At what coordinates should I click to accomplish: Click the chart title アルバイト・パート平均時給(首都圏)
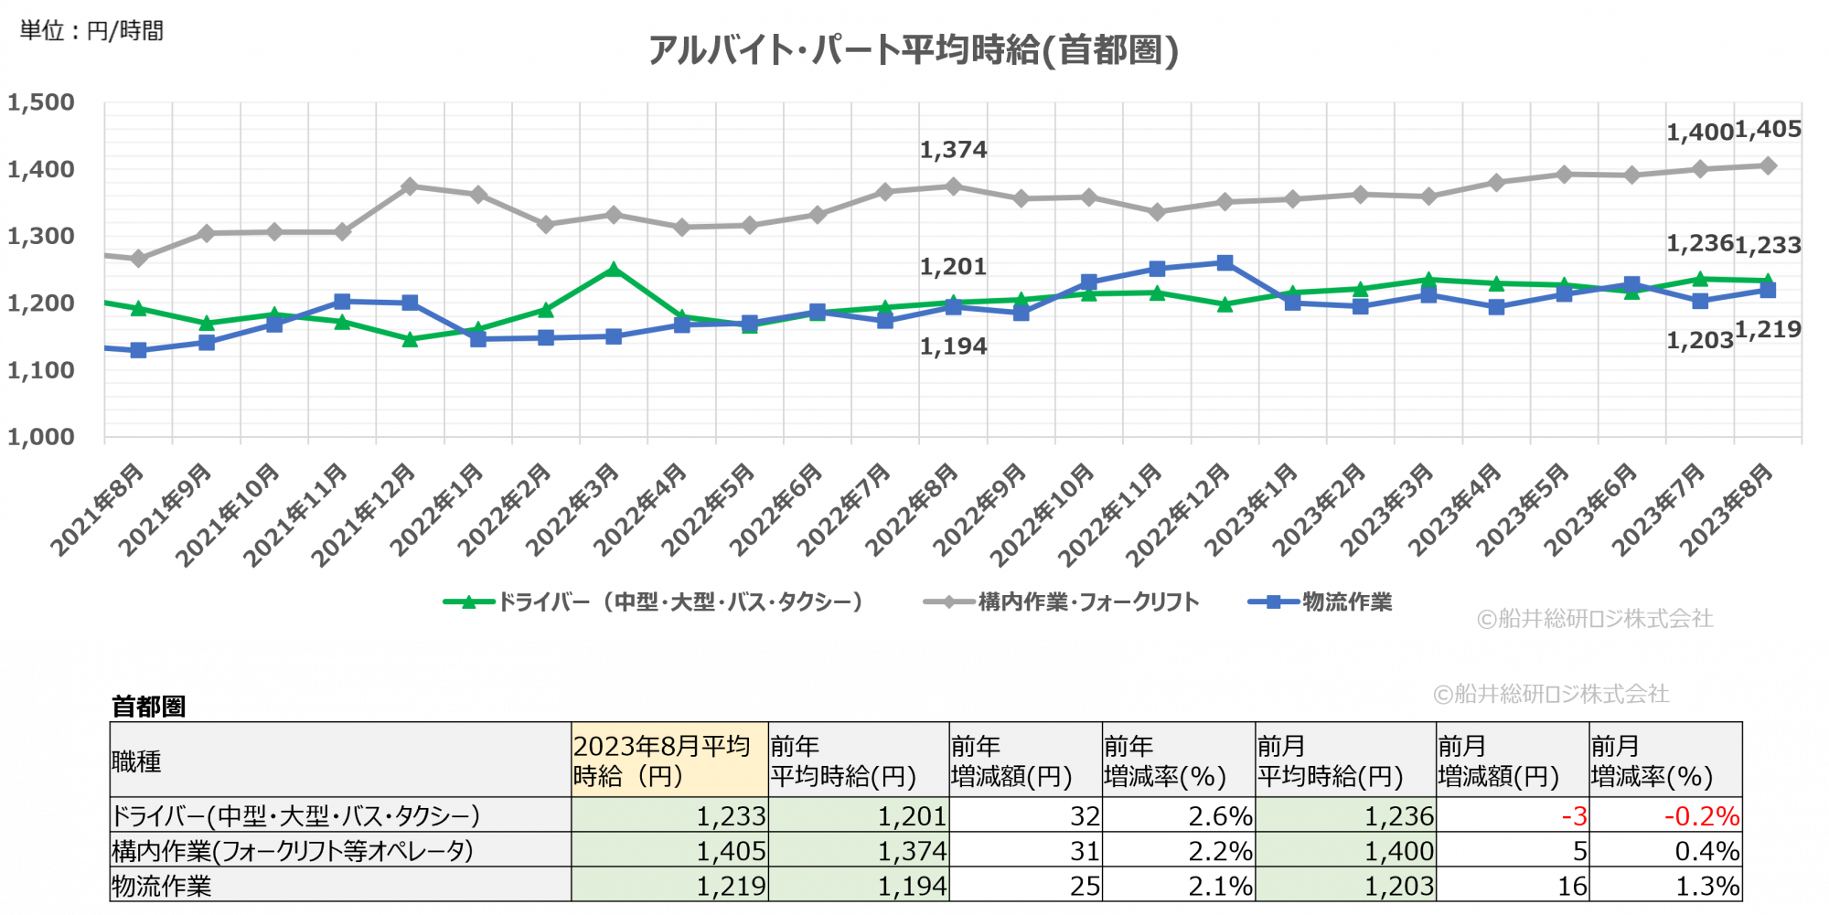click(x=913, y=50)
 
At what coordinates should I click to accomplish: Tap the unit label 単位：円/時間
click(x=91, y=31)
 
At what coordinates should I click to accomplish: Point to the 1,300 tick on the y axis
click(x=41, y=237)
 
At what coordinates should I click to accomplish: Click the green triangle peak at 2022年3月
click(x=614, y=270)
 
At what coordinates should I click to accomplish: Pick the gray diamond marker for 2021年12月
click(x=410, y=186)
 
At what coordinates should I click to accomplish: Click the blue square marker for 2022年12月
click(x=1225, y=263)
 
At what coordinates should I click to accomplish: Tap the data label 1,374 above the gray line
click(x=953, y=150)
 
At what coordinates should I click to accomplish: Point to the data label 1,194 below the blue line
click(x=953, y=346)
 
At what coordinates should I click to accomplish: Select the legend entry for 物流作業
click(x=1321, y=601)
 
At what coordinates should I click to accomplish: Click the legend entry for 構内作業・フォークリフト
click(x=1062, y=601)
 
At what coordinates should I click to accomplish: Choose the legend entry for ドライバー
click(x=653, y=601)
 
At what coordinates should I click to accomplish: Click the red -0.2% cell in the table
click(x=1701, y=815)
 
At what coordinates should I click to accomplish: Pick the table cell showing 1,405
click(x=731, y=851)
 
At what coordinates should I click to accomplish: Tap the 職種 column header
click(x=137, y=761)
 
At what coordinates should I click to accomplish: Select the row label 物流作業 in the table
click(x=162, y=886)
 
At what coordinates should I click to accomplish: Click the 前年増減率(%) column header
click(x=1164, y=761)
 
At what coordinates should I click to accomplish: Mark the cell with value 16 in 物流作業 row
click(x=1572, y=886)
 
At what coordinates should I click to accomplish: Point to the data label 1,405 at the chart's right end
click(x=1768, y=130)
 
